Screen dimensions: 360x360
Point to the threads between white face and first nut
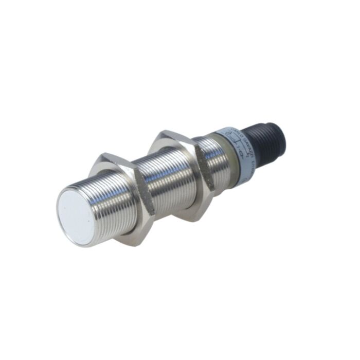coord(111,206)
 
